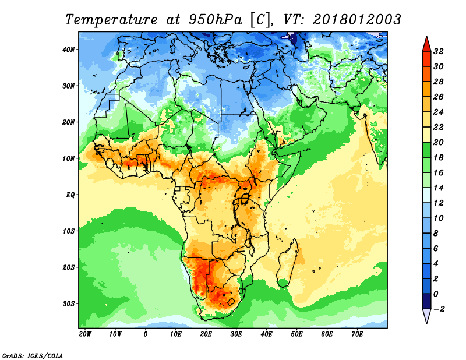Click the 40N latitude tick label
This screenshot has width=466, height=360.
point(69,50)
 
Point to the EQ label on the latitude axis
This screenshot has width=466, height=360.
point(70,195)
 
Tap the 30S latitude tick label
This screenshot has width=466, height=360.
point(69,304)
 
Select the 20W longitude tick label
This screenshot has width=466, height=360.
point(85,334)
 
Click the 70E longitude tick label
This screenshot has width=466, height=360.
point(357,334)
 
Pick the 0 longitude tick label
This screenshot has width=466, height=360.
point(145,334)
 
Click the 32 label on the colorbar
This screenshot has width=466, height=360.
point(439,51)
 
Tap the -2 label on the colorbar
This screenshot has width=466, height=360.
point(439,309)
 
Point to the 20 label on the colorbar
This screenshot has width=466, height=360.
point(439,142)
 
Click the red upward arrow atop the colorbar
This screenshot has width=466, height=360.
point(427,44)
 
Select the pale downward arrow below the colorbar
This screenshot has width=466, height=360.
point(427,316)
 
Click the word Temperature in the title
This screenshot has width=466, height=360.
point(111,20)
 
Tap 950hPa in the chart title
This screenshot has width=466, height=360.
point(216,20)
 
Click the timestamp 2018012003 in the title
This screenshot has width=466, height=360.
point(357,20)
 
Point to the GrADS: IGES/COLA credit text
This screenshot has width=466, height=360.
point(33,356)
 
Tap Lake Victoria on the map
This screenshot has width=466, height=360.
point(245,198)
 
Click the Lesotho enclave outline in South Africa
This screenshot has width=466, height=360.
point(231,302)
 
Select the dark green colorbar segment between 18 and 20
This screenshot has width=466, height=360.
point(427,150)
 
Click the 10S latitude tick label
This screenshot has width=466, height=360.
point(69,231)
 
